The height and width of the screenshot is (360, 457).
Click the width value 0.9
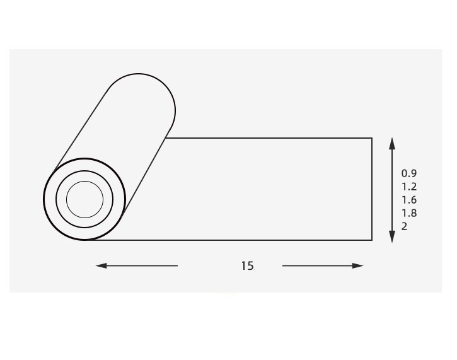409,173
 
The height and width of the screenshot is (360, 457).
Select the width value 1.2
409,187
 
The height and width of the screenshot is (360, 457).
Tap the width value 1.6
409,200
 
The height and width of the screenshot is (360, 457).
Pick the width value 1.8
409,213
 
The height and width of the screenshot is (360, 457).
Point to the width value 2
404,226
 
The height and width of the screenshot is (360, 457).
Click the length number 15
247,266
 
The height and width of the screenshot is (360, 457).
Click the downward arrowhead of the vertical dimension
392,236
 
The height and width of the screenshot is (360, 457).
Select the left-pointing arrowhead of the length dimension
101,265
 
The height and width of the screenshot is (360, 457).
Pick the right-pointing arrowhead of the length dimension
357,265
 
